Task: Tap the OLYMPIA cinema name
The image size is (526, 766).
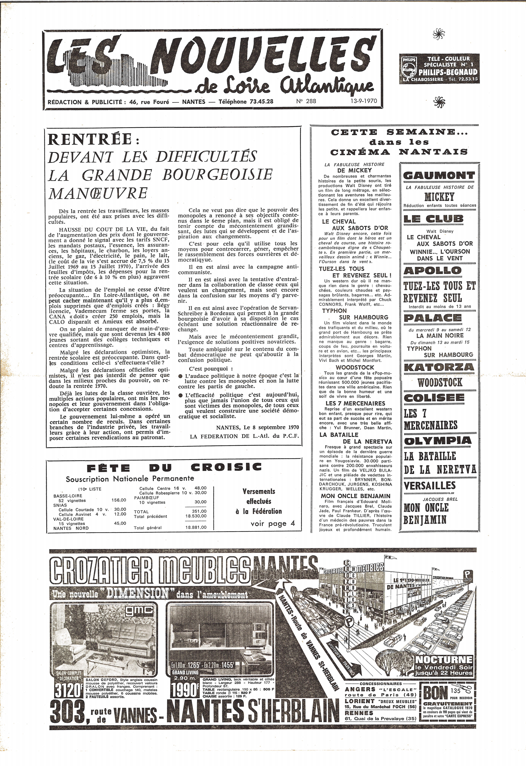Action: [x=438, y=440]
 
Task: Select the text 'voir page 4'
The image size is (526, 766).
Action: [x=273, y=524]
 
